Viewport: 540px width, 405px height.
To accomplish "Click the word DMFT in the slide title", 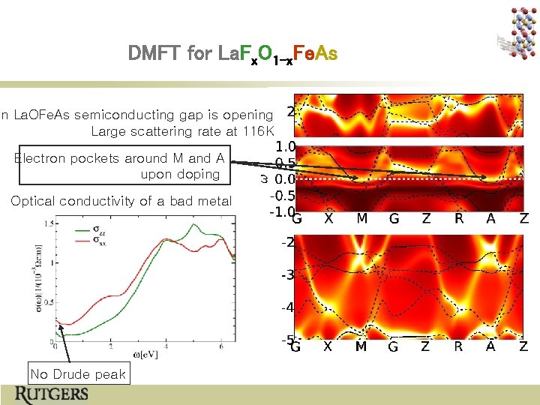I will tap(152, 54).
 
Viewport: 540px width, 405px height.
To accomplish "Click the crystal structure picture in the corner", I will tap(518, 30).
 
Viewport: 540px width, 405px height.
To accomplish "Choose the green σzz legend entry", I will tap(106, 227).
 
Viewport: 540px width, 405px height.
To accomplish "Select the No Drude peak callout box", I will tap(78, 373).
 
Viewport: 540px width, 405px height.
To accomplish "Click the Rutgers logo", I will tap(53, 394).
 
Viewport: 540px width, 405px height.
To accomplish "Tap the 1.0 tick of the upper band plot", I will tap(285, 147).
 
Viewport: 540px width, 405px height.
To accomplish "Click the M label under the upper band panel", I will tap(361, 219).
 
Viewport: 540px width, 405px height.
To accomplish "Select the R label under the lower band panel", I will tap(459, 346).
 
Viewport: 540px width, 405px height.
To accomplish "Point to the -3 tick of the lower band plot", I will tap(287, 275).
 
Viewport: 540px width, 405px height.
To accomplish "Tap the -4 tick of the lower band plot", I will tap(287, 307).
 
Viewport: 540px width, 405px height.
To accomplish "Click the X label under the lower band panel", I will tap(328, 346).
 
